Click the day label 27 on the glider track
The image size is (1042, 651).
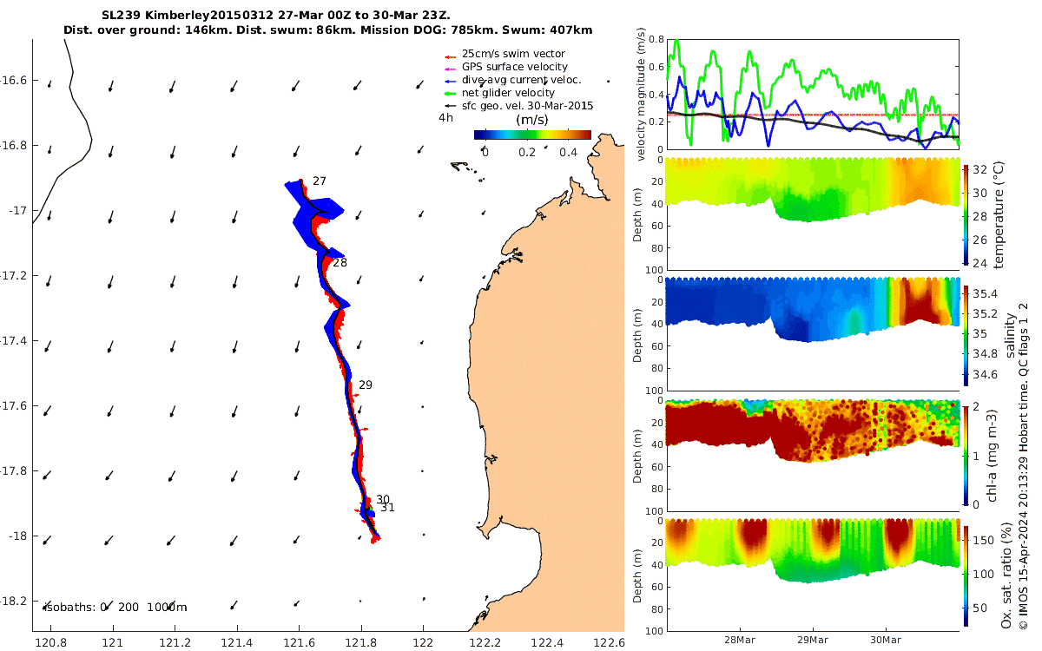pyautogui.click(x=320, y=181)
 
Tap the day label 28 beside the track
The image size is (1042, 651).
pyautogui.click(x=340, y=263)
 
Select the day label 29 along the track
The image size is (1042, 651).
pyautogui.click(x=366, y=385)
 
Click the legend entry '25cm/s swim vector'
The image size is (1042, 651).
pyautogui.click(x=513, y=54)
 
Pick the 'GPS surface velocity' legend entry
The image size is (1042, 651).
pyautogui.click(x=514, y=67)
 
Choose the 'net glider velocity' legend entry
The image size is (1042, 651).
pyautogui.click(x=508, y=93)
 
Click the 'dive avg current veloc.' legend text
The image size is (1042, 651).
pyautogui.click(x=522, y=80)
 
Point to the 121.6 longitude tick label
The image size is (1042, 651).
pyautogui.click(x=299, y=643)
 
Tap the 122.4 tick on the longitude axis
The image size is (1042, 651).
pyautogui.click(x=547, y=643)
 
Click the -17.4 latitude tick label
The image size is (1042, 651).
pyautogui.click(x=14, y=341)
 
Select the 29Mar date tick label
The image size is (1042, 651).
pyautogui.click(x=813, y=640)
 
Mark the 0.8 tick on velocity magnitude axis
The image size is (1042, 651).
pyautogui.click(x=656, y=39)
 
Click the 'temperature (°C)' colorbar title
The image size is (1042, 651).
pyautogui.click(x=999, y=215)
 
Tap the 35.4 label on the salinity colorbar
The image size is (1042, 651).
pyautogui.click(x=986, y=293)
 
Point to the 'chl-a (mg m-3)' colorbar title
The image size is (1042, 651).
pyautogui.click(x=992, y=456)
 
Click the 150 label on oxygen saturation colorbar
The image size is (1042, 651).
pyautogui.click(x=983, y=540)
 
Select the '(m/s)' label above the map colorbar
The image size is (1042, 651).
pyautogui.click(x=531, y=120)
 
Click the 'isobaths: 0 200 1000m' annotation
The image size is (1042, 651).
pyautogui.click(x=116, y=608)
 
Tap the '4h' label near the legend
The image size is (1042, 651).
pyautogui.click(x=445, y=118)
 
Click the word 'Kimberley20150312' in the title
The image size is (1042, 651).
pyautogui.click(x=209, y=15)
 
